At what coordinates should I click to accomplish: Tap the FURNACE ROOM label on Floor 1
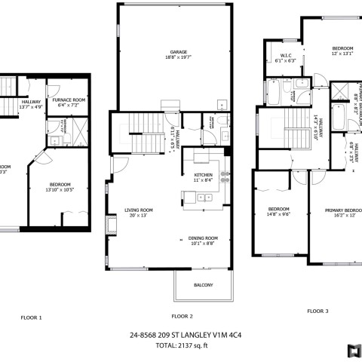tap(69, 100)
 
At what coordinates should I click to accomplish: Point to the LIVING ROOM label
tap(139, 210)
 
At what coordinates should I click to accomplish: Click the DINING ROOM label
tap(203, 238)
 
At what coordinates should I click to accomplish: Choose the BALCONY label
tap(203, 284)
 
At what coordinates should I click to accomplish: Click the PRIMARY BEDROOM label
tap(343, 210)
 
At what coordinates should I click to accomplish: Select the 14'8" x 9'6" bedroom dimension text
tap(279, 214)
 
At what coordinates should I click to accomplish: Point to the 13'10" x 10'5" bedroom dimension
tap(60, 189)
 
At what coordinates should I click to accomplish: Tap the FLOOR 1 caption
tap(30, 318)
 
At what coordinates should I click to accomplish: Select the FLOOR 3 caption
tap(317, 311)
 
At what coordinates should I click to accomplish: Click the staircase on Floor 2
tap(144, 137)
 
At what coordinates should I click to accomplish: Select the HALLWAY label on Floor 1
tap(31, 102)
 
